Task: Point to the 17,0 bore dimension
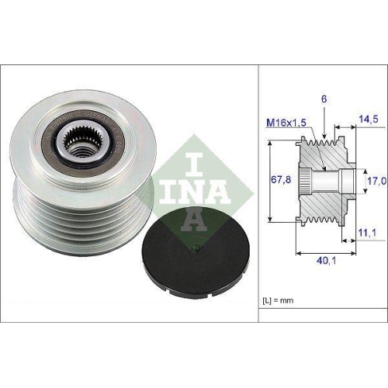click(375, 181)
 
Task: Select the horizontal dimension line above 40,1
click(327, 250)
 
